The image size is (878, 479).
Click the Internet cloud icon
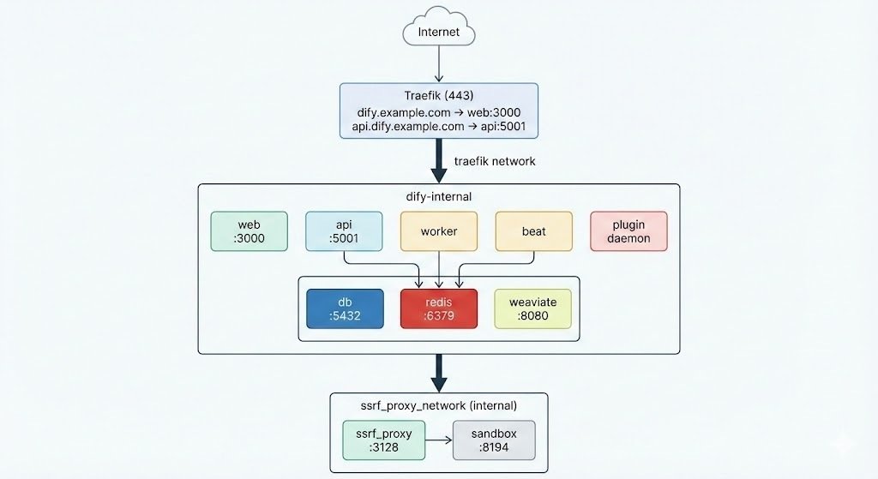tap(438, 30)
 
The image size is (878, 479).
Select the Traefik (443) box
tap(438, 111)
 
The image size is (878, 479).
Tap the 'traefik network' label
tap(495, 161)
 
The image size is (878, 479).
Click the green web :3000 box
tap(250, 231)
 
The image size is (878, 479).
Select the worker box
tap(438, 231)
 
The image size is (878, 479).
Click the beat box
tap(533, 231)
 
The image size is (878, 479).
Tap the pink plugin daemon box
tap(628, 231)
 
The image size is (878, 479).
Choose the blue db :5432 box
tap(345, 308)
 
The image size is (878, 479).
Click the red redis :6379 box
tap(438, 308)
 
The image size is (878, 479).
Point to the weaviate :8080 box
tap(532, 308)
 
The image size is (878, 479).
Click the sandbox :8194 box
tap(494, 440)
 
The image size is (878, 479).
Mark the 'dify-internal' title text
tap(438, 196)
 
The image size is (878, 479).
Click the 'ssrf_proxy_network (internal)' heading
tap(438, 405)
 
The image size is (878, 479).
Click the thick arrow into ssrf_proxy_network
tap(438, 373)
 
